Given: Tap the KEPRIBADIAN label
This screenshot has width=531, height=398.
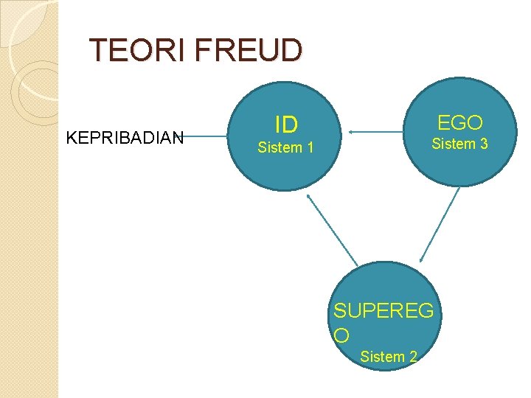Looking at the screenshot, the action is [125, 136].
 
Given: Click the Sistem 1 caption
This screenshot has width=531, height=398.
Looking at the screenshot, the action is [285, 148].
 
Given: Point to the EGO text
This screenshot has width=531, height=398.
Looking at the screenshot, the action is [459, 122].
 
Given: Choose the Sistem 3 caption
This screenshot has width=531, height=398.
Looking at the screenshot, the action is [459, 144].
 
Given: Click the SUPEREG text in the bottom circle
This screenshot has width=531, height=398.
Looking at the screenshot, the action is [383, 311].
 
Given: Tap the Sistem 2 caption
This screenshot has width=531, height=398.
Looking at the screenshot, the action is [388, 357].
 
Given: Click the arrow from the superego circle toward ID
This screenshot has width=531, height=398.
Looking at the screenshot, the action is [332, 229].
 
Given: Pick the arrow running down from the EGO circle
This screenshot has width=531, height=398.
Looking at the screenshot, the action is [440, 223].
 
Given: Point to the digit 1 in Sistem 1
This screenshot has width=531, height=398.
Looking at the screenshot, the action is [310, 148].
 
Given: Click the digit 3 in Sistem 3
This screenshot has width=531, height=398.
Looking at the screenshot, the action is [484, 144].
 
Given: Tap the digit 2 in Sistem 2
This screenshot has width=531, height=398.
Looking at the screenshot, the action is [413, 357].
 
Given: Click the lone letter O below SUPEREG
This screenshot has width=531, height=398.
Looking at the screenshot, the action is [341, 335].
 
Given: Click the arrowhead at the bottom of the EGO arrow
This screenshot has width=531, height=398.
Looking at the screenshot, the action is [421, 259].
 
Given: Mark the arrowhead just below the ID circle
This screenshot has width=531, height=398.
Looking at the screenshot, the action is [308, 196].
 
